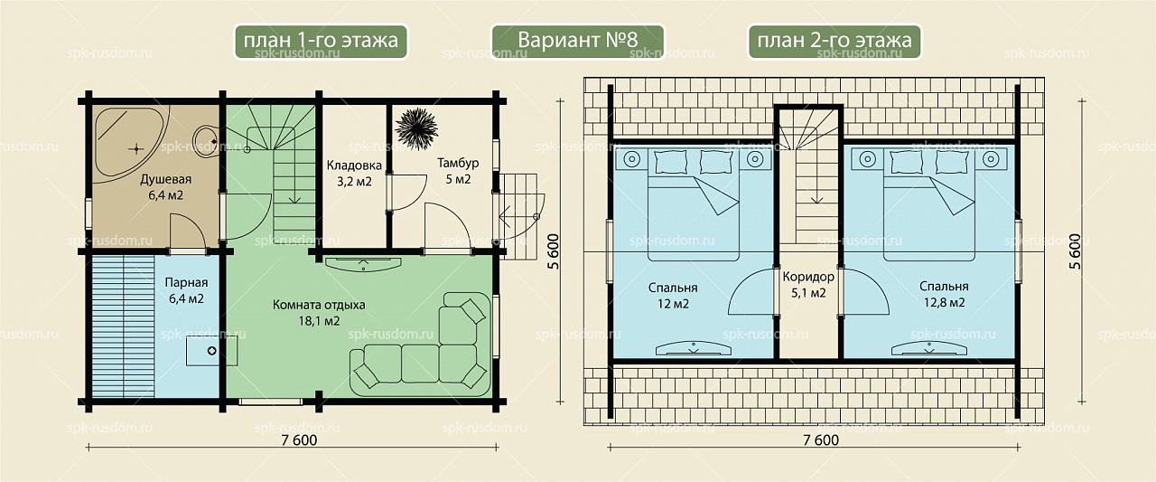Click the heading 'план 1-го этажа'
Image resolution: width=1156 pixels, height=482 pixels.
click(x=321, y=41)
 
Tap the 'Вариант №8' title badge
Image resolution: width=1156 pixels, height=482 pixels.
click(x=577, y=41)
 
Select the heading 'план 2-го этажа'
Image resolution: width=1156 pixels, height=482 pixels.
click(x=834, y=41)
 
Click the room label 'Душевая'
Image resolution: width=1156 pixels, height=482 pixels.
click(x=165, y=179)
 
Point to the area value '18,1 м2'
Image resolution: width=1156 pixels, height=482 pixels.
click(x=319, y=321)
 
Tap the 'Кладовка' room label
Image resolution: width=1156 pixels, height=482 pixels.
click(x=354, y=165)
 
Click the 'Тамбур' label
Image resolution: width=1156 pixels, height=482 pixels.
click(x=458, y=164)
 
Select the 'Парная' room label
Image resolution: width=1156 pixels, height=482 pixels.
click(x=186, y=282)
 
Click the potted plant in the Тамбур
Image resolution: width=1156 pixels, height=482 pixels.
click(x=416, y=129)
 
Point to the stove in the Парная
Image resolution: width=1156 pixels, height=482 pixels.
click(x=211, y=351)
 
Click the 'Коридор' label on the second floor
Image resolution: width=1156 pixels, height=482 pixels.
click(x=808, y=277)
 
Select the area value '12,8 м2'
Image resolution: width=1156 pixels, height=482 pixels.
click(x=944, y=302)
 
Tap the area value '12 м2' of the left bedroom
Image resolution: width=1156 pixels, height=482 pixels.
click(x=673, y=304)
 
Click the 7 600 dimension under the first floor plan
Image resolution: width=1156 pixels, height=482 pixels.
click(x=299, y=440)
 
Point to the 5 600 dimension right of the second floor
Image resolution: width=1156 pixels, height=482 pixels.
click(x=1076, y=251)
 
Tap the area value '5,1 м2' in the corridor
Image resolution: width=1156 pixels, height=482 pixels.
click(x=808, y=293)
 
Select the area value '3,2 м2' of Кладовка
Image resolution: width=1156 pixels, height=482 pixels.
click(x=354, y=182)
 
